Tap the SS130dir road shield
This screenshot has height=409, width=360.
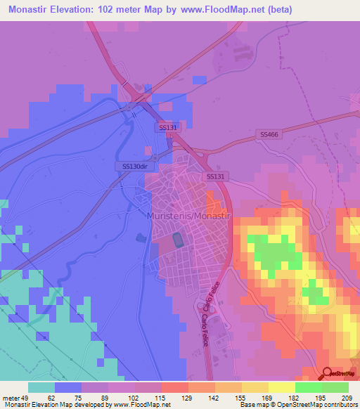click(x=134, y=167)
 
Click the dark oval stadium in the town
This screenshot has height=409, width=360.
click(x=177, y=240)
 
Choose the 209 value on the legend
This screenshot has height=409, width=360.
click(x=347, y=397)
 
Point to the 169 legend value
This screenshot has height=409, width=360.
click(x=268, y=397)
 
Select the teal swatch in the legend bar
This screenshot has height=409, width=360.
click(x=41, y=387)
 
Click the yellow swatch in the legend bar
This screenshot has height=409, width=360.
click(x=281, y=387)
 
